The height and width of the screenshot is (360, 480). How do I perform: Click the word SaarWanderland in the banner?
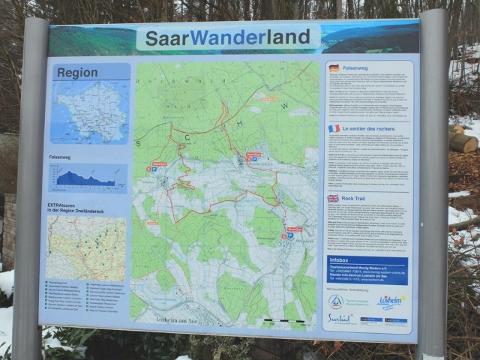(227, 37)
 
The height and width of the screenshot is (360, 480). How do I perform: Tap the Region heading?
(76, 73)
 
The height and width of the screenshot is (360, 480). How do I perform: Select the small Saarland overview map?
(89, 112)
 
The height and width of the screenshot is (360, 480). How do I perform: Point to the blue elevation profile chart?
(87, 178)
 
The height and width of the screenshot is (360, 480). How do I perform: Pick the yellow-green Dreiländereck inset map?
(85, 248)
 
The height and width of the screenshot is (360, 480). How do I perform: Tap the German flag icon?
(334, 68)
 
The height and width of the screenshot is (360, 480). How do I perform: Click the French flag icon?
(334, 128)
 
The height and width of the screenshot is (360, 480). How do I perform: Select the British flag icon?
(333, 199)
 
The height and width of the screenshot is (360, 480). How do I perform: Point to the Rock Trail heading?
(357, 199)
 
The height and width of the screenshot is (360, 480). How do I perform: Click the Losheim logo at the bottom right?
(391, 301)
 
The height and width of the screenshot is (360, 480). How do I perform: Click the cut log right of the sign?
(463, 142)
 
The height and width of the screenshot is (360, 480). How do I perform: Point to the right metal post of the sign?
(434, 187)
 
